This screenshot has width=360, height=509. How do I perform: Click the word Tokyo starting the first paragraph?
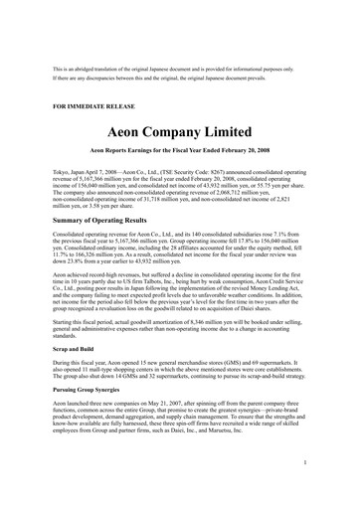[63, 171]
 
